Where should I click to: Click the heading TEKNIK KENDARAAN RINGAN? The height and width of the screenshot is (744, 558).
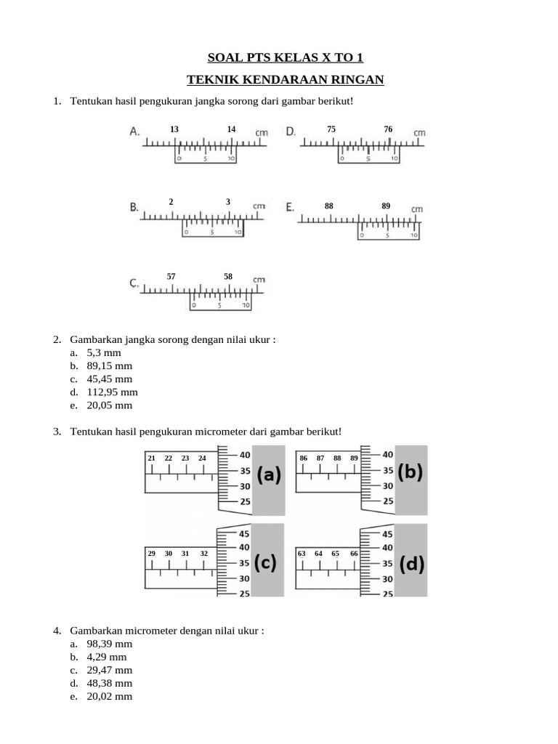285,78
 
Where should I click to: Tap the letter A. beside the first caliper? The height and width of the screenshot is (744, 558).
135,132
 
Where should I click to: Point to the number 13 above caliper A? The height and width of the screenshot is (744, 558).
174,129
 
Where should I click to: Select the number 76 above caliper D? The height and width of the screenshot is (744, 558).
388,129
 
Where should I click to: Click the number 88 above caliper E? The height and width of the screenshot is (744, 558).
329,206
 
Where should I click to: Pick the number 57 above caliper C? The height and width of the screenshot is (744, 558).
171,277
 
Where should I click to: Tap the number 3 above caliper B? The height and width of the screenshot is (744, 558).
228,202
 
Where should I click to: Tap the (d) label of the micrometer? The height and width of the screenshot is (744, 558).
411,565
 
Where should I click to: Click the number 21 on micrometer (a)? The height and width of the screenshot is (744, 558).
152,458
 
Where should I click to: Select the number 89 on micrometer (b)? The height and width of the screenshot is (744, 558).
354,458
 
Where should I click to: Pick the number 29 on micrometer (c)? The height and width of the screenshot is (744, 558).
152,554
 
